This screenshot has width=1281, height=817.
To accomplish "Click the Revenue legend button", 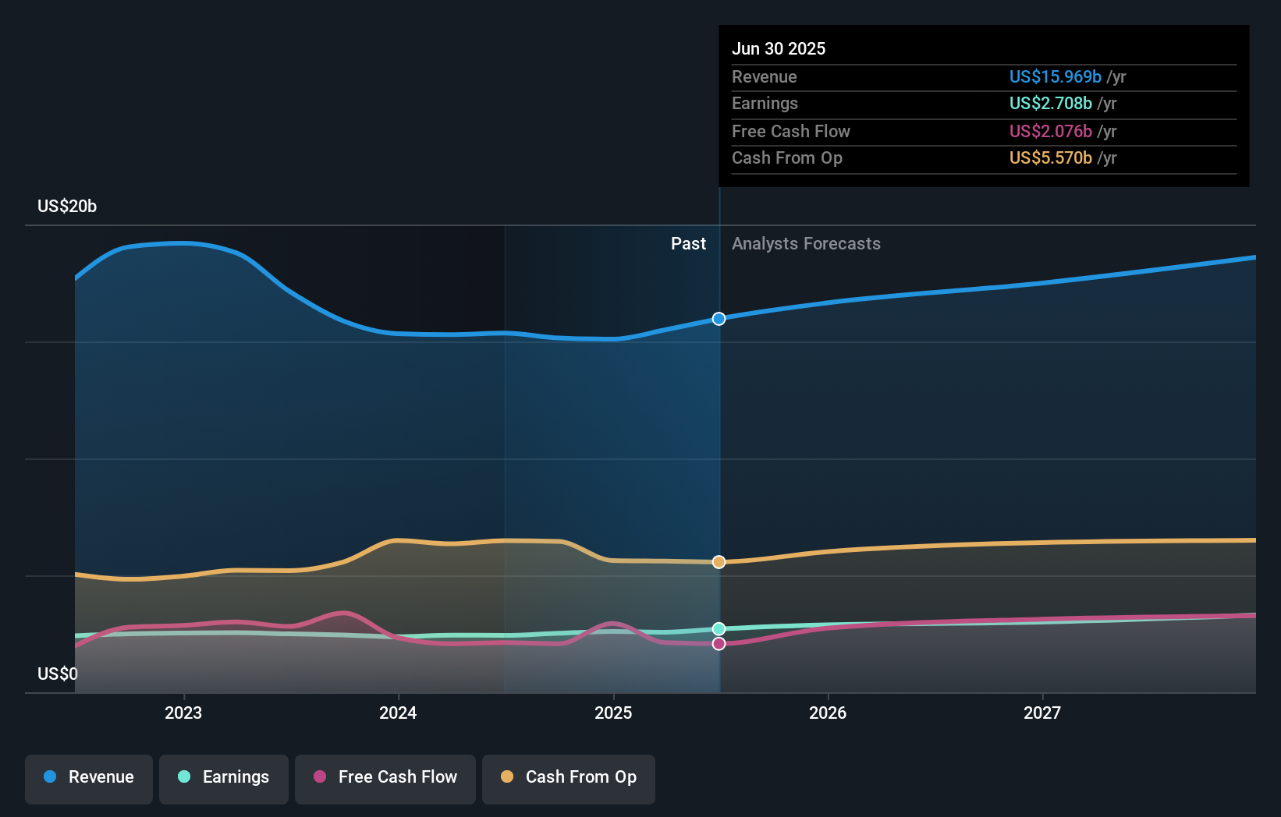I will [89, 777].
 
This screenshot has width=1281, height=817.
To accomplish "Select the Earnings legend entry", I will [224, 777].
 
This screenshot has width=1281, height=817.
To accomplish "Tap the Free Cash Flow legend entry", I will [385, 777].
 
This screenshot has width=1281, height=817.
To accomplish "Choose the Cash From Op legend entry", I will [569, 777].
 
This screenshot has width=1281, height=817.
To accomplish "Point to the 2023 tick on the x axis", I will [183, 713].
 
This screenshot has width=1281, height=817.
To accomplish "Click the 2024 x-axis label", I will [398, 713].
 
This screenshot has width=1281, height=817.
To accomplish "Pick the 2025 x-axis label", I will [613, 713].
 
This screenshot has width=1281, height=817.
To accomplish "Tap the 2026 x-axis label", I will [828, 713].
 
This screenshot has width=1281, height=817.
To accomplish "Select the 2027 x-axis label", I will [1042, 713].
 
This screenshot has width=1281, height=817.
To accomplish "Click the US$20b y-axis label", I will [67, 207].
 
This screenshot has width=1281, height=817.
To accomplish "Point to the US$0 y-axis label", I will [58, 674].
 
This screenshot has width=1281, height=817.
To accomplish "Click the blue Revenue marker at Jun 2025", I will [719, 319].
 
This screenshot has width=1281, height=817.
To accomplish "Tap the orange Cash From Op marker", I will [719, 562].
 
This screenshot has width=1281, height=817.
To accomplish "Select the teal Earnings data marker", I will [719, 629].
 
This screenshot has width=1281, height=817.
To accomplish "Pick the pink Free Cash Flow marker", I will [719, 644].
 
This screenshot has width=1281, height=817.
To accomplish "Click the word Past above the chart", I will [688, 244].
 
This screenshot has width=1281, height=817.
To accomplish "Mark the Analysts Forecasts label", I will [806, 244].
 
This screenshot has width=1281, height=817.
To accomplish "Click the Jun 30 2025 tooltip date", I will [779, 48].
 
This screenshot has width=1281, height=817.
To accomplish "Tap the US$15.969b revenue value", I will [1055, 76].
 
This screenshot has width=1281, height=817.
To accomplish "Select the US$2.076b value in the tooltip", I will [1050, 131].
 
